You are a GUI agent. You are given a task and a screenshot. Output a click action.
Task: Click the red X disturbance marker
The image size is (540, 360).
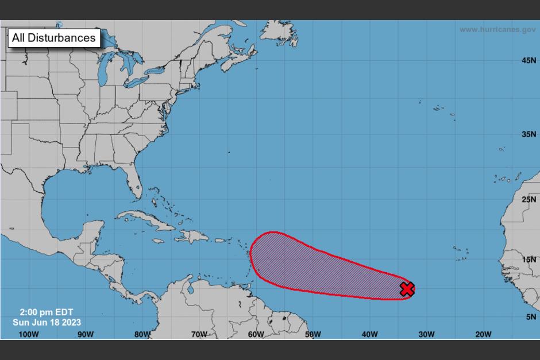[407, 289]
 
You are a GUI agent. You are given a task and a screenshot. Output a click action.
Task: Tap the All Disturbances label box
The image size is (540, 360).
[54, 38]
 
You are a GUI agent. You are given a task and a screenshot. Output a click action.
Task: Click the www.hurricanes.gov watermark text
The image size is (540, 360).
[497, 29]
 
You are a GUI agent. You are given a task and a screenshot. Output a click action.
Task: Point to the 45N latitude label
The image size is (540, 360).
[529, 60]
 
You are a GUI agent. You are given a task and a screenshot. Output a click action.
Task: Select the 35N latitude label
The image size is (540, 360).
[529, 134]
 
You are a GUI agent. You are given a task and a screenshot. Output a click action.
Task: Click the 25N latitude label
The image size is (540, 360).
[529, 200]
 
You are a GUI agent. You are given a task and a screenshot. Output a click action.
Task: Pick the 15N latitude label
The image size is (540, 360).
[529, 259]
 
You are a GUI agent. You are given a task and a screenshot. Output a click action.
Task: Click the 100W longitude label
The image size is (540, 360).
[28, 335]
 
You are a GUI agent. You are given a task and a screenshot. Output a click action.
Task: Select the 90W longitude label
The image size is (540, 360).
[85, 335]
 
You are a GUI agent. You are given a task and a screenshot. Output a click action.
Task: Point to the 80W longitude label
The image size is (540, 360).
[142, 335]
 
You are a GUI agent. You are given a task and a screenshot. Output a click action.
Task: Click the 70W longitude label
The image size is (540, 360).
[199, 335]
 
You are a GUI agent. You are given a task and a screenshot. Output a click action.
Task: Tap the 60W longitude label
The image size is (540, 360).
[256, 335]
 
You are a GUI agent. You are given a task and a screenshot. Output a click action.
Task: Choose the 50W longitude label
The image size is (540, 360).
[313, 335]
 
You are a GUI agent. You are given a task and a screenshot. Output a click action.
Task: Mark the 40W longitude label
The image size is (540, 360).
[369, 335]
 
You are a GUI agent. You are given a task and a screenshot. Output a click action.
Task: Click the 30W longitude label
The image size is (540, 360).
[426, 335]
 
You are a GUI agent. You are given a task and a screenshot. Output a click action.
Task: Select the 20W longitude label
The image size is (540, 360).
[483, 335]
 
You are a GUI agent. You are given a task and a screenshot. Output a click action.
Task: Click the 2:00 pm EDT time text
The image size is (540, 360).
[46, 312]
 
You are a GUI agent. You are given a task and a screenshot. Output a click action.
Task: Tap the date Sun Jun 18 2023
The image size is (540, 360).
[47, 322]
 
